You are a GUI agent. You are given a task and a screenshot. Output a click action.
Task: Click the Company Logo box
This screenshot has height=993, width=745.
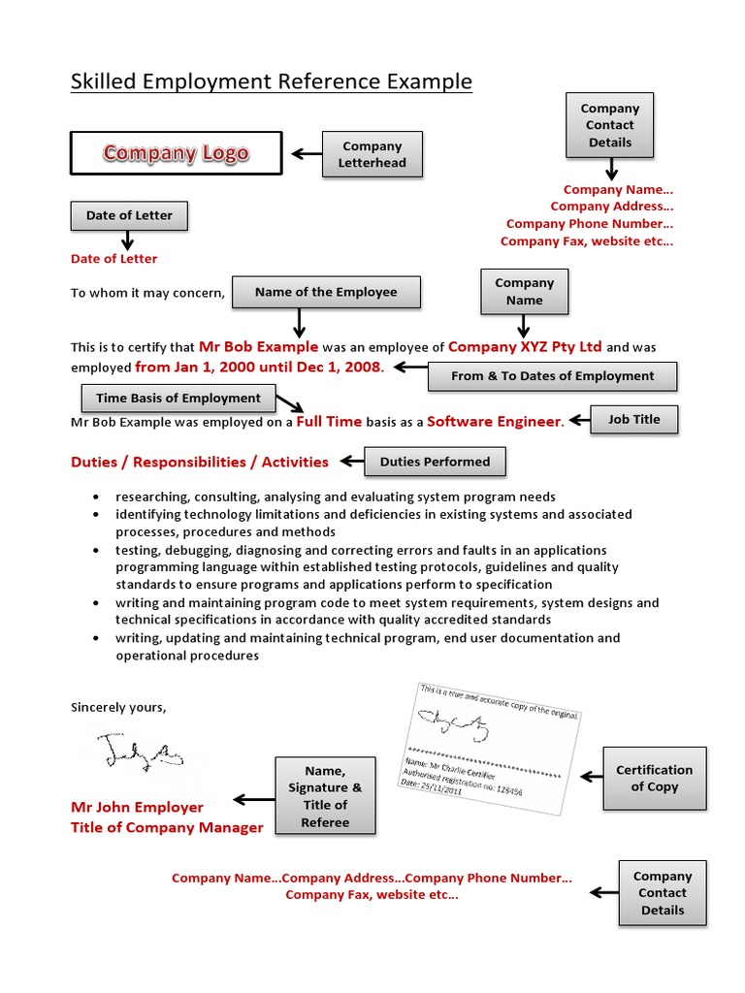coord(176,153)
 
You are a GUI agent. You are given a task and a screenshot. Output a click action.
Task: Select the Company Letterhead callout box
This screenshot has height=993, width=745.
coord(372,154)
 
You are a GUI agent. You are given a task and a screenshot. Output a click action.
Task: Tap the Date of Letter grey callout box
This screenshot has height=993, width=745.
coord(128,215)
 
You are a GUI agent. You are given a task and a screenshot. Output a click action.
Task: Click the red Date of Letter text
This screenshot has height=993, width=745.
coord(113,259)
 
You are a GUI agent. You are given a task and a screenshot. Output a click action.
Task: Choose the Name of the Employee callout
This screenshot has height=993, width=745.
coord(326,292)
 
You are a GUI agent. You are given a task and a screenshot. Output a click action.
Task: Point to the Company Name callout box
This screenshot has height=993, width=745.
coord(524,292)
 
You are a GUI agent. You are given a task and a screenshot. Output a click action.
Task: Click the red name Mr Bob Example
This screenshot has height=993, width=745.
coord(258,346)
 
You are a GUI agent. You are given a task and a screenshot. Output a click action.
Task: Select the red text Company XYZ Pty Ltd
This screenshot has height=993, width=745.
coord(525,346)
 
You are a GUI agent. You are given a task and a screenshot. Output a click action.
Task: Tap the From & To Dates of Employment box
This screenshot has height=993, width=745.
coord(552,375)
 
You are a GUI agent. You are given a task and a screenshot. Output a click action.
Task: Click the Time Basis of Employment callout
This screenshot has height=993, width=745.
coord(178,398)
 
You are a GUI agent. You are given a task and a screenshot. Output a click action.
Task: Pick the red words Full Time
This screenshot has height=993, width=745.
coord(329,421)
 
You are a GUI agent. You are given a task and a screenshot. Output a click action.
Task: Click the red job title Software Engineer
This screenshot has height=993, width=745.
coord(493,421)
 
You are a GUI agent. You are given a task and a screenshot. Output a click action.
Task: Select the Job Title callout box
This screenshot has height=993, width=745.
coord(633,419)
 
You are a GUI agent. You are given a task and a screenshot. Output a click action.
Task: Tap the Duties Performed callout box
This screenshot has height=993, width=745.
coord(435,462)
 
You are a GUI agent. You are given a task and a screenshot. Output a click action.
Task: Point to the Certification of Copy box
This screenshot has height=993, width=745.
coord(654,778)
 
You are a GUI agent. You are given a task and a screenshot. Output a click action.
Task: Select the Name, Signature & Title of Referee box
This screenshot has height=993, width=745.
coord(325,796)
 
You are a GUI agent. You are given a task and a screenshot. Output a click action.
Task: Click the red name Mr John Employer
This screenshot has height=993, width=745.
coord(137,807)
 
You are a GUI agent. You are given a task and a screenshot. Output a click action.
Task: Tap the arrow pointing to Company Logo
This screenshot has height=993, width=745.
coord(306,153)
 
